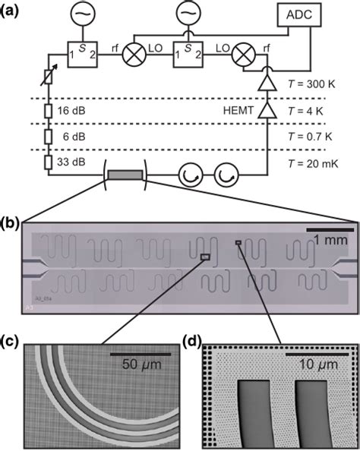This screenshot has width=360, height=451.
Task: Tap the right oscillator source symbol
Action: pos(185,14)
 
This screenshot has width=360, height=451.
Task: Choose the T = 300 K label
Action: pos(309,86)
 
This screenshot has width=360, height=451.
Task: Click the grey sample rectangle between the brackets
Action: pos(124,175)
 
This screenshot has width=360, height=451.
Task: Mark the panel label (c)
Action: pos(11,341)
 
